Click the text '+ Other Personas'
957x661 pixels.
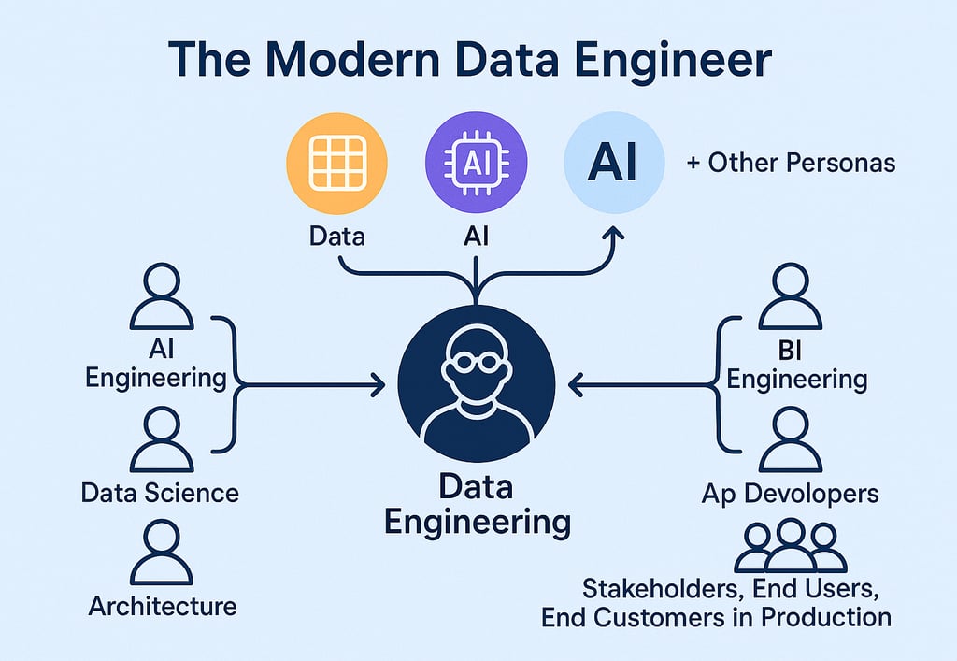pyautogui.click(x=791, y=163)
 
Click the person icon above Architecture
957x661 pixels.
pyautogui.click(x=162, y=553)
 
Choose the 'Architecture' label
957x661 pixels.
pyautogui.click(x=163, y=606)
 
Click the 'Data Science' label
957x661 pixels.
pyautogui.click(x=160, y=493)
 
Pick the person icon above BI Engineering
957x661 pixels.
pyautogui.click(x=790, y=296)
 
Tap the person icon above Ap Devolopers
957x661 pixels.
pyautogui.click(x=790, y=438)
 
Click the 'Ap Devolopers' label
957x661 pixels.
pyautogui.click(x=790, y=493)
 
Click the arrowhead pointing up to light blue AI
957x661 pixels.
pyautogui.click(x=614, y=237)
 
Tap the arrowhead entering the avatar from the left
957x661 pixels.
pyautogui.click(x=379, y=383)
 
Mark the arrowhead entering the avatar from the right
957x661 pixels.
pyautogui.click(x=576, y=383)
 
